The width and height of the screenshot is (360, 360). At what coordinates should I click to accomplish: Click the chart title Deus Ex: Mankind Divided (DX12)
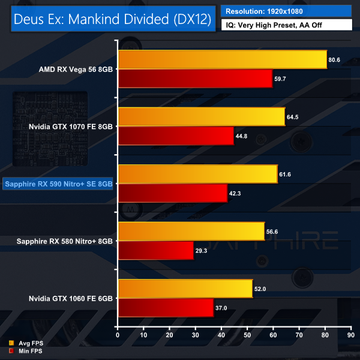click(112, 19)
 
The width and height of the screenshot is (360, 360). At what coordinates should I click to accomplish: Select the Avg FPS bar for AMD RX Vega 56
click(223, 60)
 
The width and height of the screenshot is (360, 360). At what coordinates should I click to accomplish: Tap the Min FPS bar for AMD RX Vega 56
click(196, 78)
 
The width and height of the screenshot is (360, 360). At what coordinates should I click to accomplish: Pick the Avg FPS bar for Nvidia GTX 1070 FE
click(202, 117)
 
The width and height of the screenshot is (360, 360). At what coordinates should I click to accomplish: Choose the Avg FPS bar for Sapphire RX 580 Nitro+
click(191, 231)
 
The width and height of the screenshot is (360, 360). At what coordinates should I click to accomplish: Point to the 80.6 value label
click(335, 60)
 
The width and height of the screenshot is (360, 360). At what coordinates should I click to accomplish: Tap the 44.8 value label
click(242, 136)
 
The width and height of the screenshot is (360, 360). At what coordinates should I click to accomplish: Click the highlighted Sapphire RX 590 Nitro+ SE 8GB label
click(58, 184)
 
